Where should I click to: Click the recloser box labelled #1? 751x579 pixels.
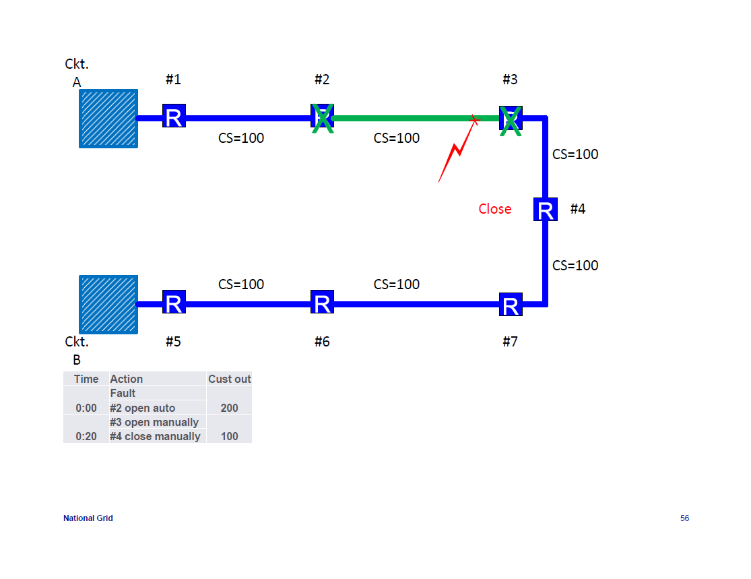point(174,116)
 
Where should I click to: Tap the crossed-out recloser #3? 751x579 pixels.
point(511,119)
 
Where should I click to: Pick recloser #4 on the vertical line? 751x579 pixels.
point(546,210)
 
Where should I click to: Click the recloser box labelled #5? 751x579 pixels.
point(174,303)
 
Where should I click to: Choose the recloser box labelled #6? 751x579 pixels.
point(322,303)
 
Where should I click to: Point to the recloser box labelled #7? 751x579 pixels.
point(511,305)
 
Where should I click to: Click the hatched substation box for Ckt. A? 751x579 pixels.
point(108,119)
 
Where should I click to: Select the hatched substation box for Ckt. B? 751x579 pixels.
point(108,304)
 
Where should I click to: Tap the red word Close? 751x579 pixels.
point(495,209)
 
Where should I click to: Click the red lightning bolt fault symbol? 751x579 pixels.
point(455,152)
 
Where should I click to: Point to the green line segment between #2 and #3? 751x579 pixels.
point(404,119)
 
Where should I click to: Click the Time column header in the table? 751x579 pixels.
point(86,379)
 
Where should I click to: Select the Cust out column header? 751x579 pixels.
point(229,379)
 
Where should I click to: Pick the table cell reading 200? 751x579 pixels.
point(229,408)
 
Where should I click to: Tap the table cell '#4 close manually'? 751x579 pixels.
point(155,436)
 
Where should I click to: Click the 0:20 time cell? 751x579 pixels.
point(86,436)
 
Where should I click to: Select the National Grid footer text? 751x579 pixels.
point(88,518)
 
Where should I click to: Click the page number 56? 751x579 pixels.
point(684,518)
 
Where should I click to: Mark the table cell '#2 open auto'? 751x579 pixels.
point(142,408)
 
